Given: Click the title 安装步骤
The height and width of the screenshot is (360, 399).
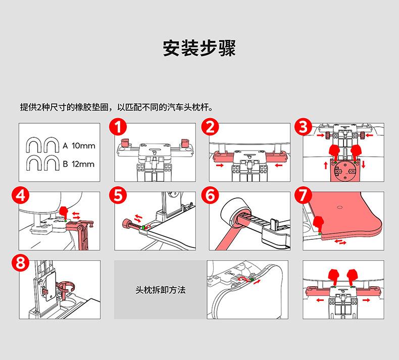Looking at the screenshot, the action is (199, 48).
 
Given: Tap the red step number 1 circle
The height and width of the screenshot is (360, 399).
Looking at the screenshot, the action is (118, 127).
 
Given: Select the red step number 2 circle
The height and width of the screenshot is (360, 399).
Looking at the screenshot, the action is (210, 127).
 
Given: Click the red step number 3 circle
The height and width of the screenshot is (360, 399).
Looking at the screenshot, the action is (304, 127).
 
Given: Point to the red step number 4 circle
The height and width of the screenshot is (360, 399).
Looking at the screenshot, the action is (21, 195).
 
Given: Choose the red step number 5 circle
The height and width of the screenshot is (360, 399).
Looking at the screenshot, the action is (118, 195).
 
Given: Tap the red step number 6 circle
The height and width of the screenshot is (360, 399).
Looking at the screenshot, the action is (210, 195).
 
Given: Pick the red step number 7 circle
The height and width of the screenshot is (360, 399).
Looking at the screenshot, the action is (304, 195).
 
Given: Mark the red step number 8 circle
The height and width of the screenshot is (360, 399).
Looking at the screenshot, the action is (21, 263).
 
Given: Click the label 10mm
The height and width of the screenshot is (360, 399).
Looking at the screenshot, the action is (83, 146).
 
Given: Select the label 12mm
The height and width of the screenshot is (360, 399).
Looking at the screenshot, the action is (83, 164).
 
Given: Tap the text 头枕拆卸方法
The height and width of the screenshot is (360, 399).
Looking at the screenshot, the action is (161, 290).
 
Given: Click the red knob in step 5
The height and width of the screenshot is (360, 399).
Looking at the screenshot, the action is (126, 224).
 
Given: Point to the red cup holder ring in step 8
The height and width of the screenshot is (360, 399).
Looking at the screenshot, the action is (67, 287).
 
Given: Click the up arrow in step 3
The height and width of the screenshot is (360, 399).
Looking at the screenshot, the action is (326, 166).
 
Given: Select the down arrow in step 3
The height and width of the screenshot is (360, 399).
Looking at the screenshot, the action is (363, 164).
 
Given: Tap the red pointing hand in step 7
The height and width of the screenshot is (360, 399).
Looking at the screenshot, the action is (318, 224).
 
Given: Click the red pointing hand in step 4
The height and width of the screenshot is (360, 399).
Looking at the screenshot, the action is (64, 213).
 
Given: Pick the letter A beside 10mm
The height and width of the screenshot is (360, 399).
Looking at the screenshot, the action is (65, 146).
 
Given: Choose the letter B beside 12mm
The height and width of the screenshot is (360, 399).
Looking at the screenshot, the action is (65, 164).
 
